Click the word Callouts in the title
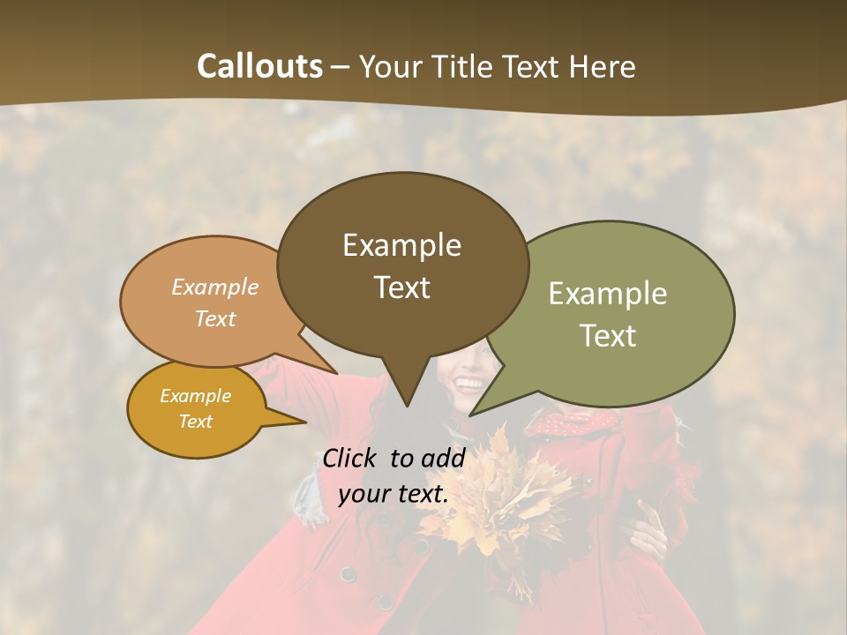pos(259,66)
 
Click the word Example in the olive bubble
pos(608,294)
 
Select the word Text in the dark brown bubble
pos(402,288)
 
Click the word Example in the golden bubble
pos(195,396)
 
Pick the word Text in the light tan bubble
pos(214,318)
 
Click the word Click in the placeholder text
pos(349,458)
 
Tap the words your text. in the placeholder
pos(394,494)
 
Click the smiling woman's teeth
pos(468,385)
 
